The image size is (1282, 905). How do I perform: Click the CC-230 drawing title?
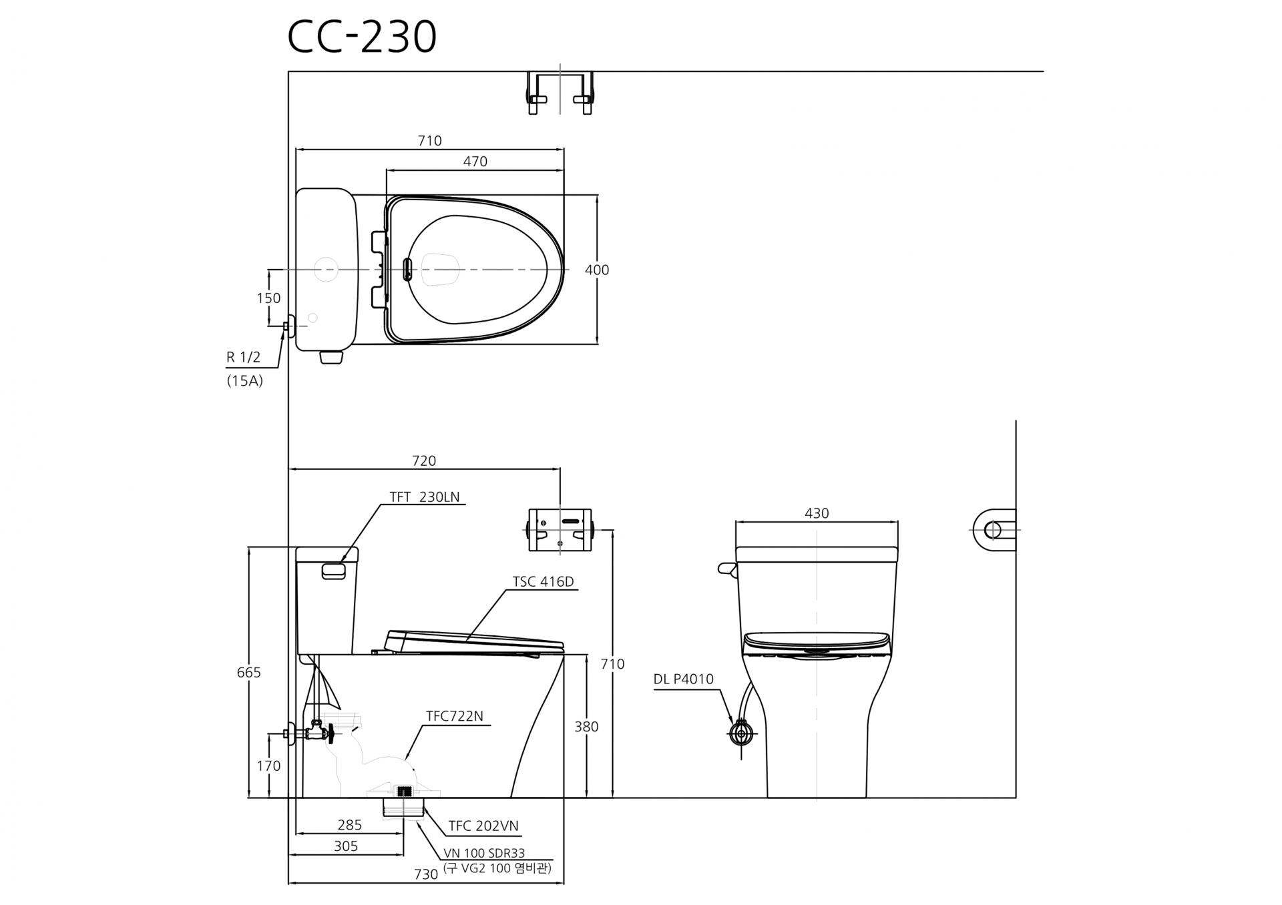362,37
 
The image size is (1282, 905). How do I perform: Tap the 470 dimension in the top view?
475,162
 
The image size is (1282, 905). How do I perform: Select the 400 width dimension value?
597,270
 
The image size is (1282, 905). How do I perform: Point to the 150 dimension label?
269,298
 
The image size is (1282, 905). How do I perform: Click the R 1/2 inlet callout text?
244,357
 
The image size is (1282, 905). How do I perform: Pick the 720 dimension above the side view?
424,461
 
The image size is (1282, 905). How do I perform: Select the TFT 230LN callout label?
425,497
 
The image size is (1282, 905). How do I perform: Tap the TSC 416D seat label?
543,582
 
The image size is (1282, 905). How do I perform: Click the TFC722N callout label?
455,716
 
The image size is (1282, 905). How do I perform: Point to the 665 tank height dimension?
249,673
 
